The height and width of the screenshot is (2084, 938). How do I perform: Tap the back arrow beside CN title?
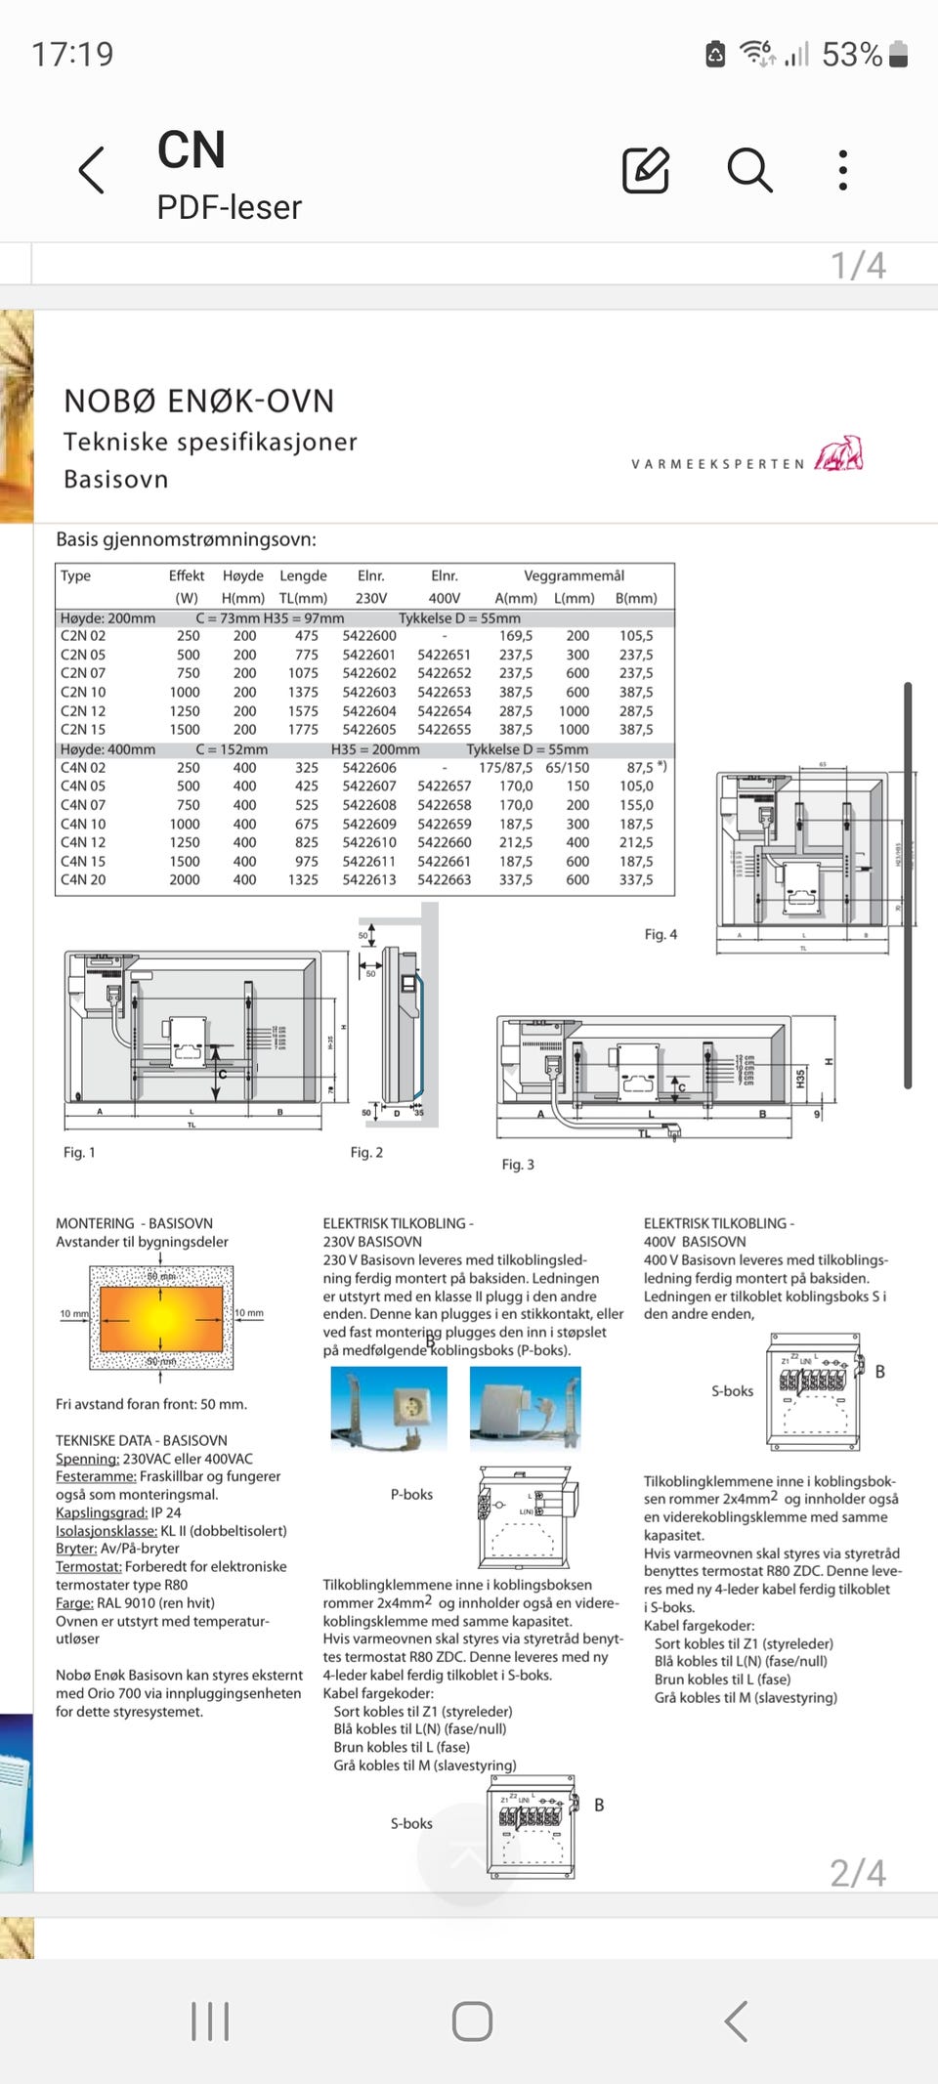pyautogui.click(x=91, y=171)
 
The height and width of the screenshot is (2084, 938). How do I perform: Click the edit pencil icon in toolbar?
pyautogui.click(x=646, y=171)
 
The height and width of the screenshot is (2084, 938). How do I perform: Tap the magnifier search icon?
pyautogui.click(x=749, y=171)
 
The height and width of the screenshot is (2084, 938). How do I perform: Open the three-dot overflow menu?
pyautogui.click(x=843, y=171)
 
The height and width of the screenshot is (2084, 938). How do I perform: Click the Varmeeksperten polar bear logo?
pyautogui.click(x=840, y=454)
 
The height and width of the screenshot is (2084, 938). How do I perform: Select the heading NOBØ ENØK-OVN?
pyautogui.click(x=199, y=401)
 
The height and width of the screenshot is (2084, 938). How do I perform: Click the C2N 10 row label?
pyautogui.click(x=83, y=692)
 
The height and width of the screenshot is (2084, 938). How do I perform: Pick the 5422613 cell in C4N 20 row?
pyautogui.click(x=369, y=879)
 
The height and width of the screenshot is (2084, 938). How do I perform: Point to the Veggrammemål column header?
pyautogui.click(x=574, y=575)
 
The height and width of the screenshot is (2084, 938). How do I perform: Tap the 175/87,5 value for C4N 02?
pyautogui.click(x=505, y=768)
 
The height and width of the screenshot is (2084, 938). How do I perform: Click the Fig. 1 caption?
pyautogui.click(x=79, y=1153)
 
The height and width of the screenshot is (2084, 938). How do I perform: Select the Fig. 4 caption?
pyautogui.click(x=661, y=935)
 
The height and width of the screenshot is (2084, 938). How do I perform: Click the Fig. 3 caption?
pyautogui.click(x=518, y=1165)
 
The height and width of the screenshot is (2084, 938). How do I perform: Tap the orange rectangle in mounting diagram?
pyautogui.click(x=161, y=1318)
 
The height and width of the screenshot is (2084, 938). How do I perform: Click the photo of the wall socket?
pyautogui.click(x=389, y=1408)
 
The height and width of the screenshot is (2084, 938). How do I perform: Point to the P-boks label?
pyautogui.click(x=411, y=1495)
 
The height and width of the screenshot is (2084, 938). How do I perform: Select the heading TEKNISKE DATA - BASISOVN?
pyautogui.click(x=142, y=1441)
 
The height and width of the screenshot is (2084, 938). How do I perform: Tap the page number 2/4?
pyautogui.click(x=858, y=1873)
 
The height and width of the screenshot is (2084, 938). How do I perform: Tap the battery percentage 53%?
pyautogui.click(x=851, y=55)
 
